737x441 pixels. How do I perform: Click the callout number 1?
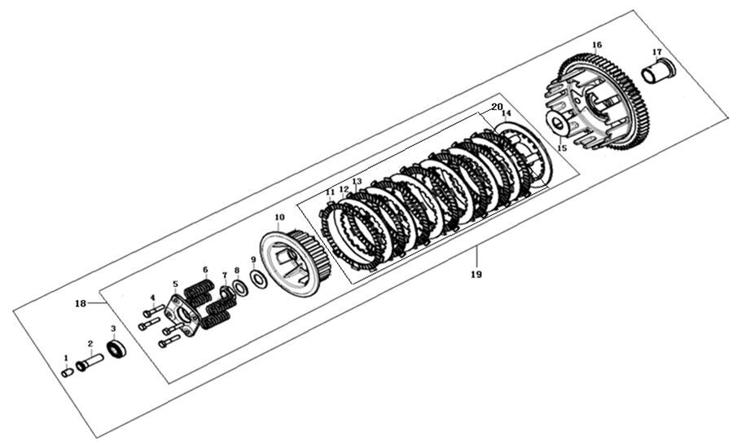tap(66, 358)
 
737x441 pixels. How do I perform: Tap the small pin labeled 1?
tap(68, 373)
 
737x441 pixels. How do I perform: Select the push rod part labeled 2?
tap(90, 363)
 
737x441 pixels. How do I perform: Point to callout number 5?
tap(175, 284)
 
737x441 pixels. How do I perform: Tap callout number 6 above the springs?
tap(205, 270)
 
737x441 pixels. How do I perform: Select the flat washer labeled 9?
tap(257, 280)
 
